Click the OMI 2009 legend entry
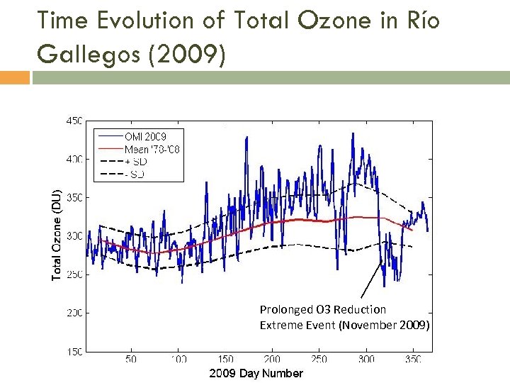click(145, 135)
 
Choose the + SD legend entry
click(136, 162)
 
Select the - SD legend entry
click(135, 174)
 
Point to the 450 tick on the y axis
click(74, 120)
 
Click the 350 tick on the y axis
click(74, 197)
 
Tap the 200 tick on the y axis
click(74, 313)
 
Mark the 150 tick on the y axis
click(74, 350)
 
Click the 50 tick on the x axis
click(131, 360)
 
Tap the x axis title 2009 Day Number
click(256, 373)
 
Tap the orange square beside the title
click(14, 77)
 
